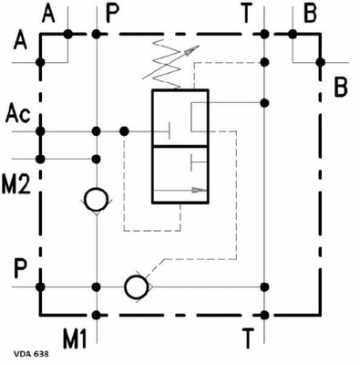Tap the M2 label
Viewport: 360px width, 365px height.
(18, 181)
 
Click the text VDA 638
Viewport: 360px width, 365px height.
(32, 351)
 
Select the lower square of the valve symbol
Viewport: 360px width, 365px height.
(180, 178)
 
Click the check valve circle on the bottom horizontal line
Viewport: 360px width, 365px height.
(138, 287)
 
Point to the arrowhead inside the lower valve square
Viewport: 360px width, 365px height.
(195, 191)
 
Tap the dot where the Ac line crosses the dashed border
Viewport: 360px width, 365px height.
(40, 131)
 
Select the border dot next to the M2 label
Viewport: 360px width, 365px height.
(40, 157)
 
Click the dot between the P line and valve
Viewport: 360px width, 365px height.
(125, 131)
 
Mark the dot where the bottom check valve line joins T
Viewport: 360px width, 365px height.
(262, 287)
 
